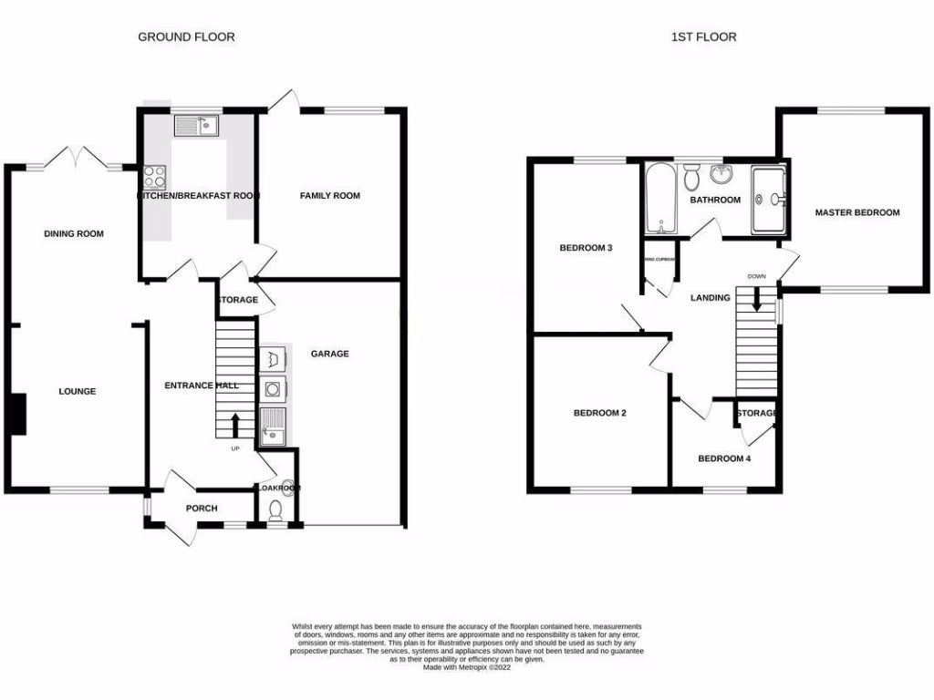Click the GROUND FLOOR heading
(x=186, y=37)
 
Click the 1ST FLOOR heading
(x=703, y=37)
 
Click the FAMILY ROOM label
(x=330, y=196)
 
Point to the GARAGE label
(x=329, y=354)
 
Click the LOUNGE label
(x=78, y=392)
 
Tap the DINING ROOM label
(x=74, y=234)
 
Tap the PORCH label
(x=202, y=509)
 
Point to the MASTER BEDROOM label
(x=857, y=213)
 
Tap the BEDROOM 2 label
(x=599, y=413)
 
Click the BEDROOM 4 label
(x=724, y=458)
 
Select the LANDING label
(x=710, y=298)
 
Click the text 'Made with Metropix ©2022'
(x=467, y=667)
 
